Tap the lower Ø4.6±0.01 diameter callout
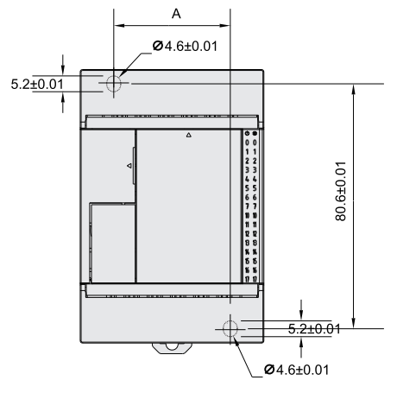tap(297, 369)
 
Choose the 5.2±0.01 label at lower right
tap(312, 328)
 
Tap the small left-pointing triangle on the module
tap(129, 164)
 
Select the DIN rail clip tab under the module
tap(172, 348)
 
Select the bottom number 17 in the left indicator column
tap(247, 278)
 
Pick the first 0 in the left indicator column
tap(247, 142)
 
